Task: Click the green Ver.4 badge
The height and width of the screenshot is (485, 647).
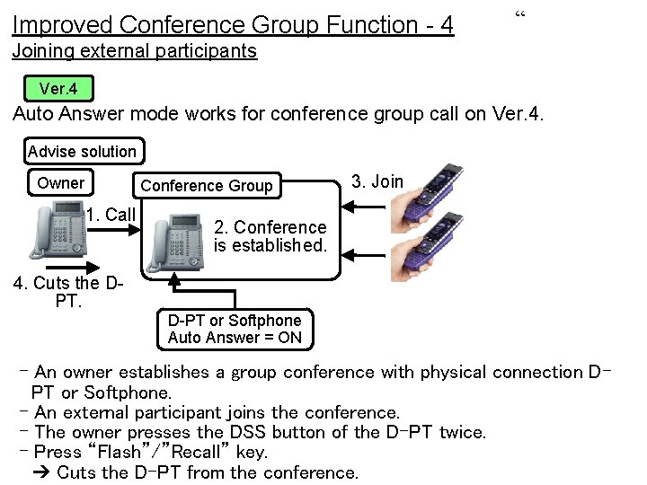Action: pyautogui.click(x=58, y=89)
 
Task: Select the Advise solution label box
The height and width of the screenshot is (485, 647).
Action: pyautogui.click(x=82, y=152)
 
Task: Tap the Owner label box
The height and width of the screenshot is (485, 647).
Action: pyautogui.click(x=60, y=183)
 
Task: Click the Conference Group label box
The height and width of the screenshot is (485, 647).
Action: pyautogui.click(x=207, y=186)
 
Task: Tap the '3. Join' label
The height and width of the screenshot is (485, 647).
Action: pyautogui.click(x=377, y=181)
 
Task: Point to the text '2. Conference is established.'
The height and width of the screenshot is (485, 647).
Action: pyautogui.click(x=270, y=235)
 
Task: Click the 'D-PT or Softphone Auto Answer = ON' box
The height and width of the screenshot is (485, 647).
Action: pyautogui.click(x=235, y=330)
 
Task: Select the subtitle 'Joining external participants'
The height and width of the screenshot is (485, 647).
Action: pyautogui.click(x=135, y=51)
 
